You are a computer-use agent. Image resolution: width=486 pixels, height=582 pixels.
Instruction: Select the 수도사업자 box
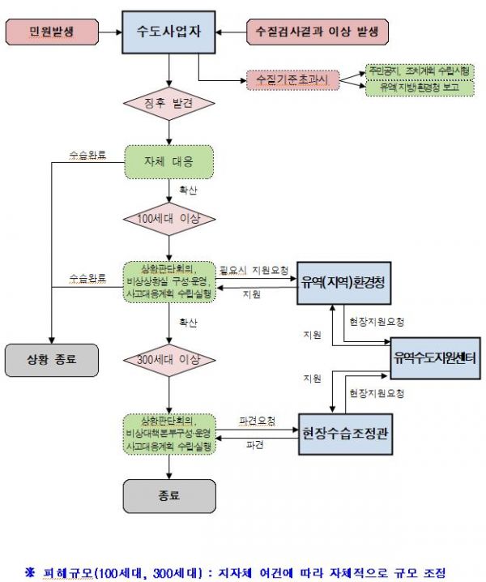(169, 33)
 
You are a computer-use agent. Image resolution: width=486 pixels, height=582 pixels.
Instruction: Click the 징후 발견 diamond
(169, 104)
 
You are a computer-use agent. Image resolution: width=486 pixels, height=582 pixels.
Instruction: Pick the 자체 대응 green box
(169, 162)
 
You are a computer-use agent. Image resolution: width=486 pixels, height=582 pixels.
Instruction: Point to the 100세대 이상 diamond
(169, 220)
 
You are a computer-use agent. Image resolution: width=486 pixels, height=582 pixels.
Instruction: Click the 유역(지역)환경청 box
(344, 282)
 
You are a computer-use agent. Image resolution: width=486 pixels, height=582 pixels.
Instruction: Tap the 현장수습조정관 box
(344, 433)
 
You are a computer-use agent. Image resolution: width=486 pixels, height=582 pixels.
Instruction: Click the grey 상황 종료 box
(50, 359)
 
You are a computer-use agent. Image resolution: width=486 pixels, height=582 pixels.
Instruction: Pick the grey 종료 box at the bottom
(169, 494)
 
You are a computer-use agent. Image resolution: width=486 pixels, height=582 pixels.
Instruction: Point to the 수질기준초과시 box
(291, 80)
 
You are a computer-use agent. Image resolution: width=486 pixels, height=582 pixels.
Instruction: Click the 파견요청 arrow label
(257, 422)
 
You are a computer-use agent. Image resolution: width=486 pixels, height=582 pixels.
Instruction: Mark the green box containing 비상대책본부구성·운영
(169, 434)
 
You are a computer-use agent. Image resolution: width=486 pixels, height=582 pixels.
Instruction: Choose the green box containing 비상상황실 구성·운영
(169, 281)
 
